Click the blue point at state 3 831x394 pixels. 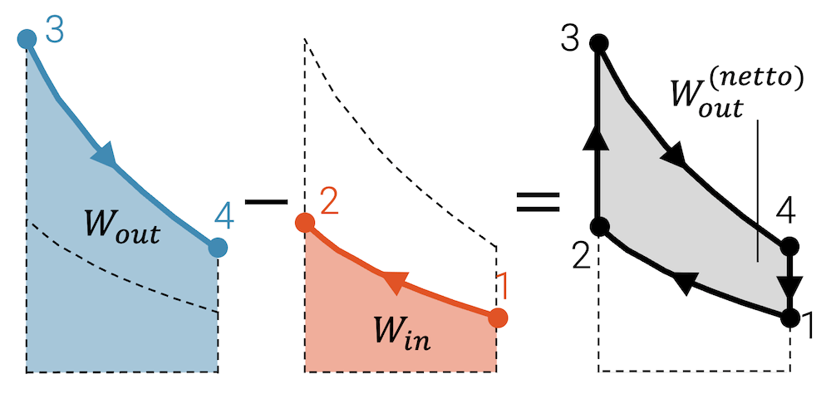point(27,38)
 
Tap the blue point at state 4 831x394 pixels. point(218,247)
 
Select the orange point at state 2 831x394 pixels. point(305,223)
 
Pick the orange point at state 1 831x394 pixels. point(498,318)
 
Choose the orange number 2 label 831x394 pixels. point(328,202)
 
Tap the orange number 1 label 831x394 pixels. point(501,290)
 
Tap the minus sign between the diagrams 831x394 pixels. point(263,201)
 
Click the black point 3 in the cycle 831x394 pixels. point(597,43)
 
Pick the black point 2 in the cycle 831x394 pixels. point(599,225)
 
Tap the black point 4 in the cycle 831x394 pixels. point(789,246)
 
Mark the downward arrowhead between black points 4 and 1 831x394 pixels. point(790,288)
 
